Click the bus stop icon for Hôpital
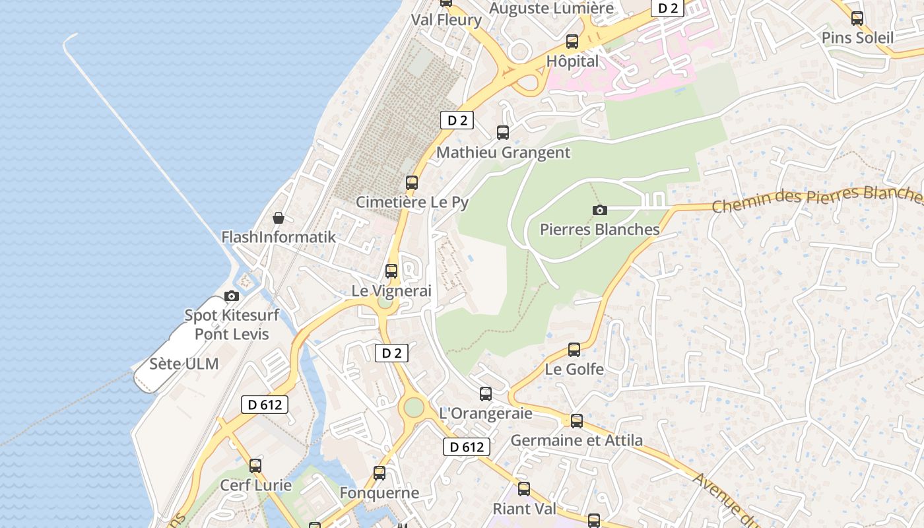click(x=572, y=42)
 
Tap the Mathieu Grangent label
click(x=503, y=152)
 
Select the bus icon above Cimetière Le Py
click(x=412, y=183)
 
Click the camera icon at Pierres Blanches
click(x=600, y=210)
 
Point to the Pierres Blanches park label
click(x=599, y=229)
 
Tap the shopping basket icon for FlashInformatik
click(x=279, y=218)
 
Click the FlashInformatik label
click(x=279, y=237)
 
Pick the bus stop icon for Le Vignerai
click(x=391, y=271)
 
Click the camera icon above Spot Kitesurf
click(x=232, y=296)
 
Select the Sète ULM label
click(x=183, y=364)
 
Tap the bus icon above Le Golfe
click(x=574, y=350)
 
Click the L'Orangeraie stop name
click(x=486, y=413)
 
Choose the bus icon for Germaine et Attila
click(x=577, y=421)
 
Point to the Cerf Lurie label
click(x=255, y=485)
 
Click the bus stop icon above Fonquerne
click(x=379, y=473)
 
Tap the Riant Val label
click(x=524, y=509)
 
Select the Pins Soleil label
click(x=857, y=38)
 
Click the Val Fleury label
click(x=446, y=20)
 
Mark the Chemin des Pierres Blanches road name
click(x=818, y=199)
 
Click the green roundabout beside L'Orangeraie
click(x=414, y=407)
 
